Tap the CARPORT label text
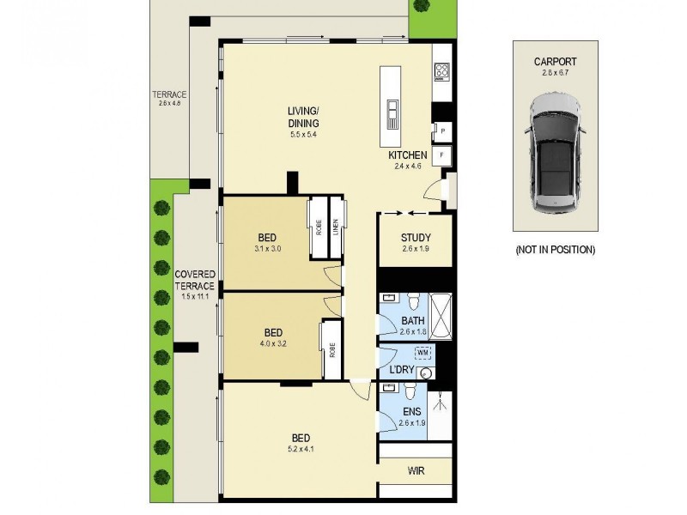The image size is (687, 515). [554, 62]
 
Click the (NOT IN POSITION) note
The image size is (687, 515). [554, 250]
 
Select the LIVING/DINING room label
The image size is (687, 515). [304, 118]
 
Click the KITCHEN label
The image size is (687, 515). [408, 155]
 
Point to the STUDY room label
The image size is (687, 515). [416, 239]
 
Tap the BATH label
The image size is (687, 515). [413, 321]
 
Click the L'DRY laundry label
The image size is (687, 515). [404, 371]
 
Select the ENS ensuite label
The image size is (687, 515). [412, 412]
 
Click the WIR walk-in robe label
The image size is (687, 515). [415, 471]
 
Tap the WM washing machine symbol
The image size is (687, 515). [423, 353]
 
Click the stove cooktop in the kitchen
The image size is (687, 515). [442, 71]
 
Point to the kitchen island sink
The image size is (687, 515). [392, 112]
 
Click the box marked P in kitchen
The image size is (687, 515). [441, 131]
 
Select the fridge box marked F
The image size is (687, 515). [441, 155]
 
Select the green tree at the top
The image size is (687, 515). [420, 7]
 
